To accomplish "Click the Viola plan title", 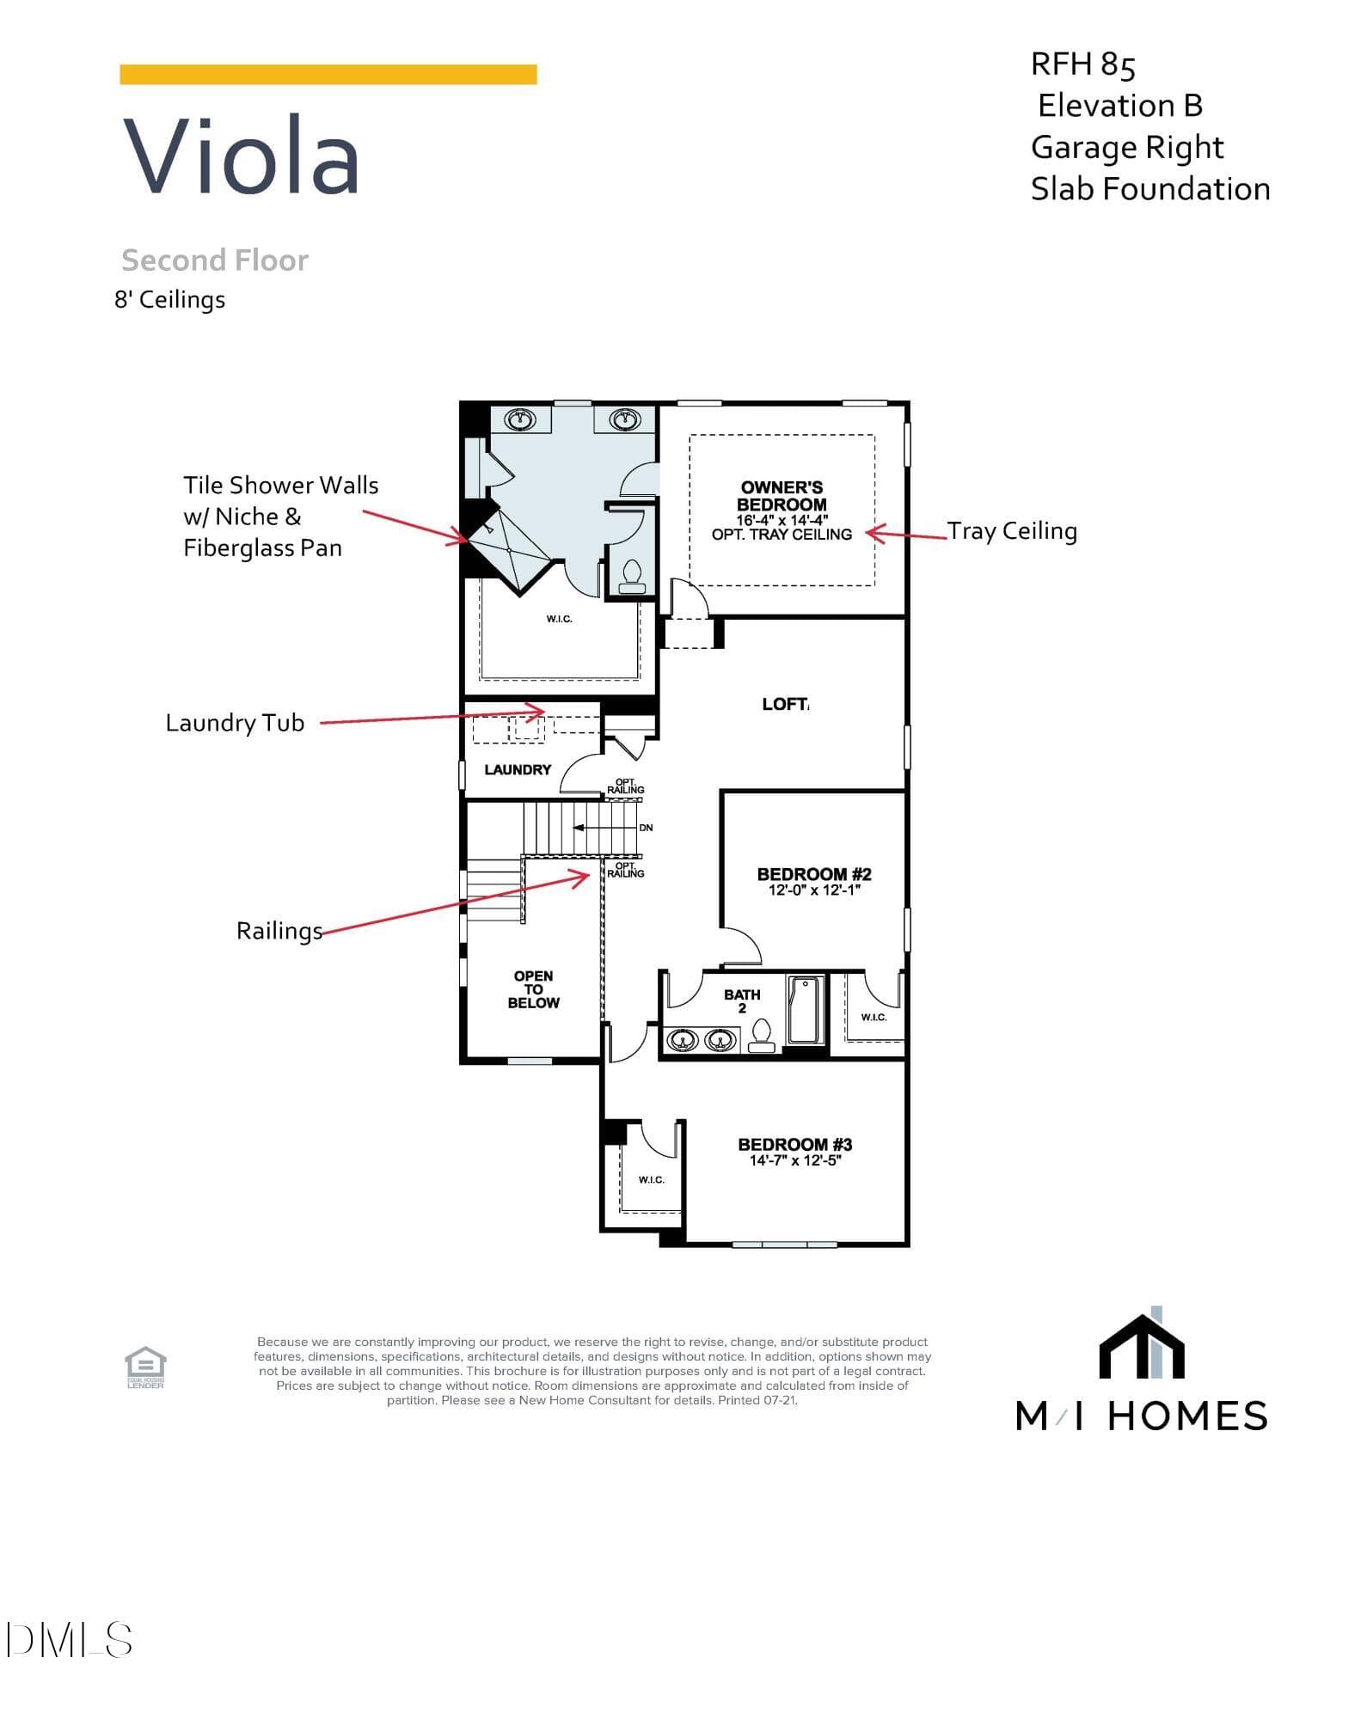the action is pos(242,155).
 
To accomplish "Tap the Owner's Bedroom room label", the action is pos(782,496).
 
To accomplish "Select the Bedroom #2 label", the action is pos(814,874).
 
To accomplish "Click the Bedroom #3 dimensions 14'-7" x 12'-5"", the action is pos(795,1160).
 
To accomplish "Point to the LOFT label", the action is pos(784,704).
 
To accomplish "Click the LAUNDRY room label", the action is pos(518,769).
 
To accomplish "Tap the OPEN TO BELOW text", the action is pos(533,989).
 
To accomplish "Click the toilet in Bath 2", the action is pos(762,1035).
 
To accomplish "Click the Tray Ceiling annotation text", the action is pos(1012,531).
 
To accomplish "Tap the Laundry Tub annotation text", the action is pos(235,723).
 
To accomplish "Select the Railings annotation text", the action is pos(279,931).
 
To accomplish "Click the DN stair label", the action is pos(646,828).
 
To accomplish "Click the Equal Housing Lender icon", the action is pos(145,1367).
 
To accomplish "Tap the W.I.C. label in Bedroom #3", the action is pos(651,1180).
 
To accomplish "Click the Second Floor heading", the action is pos(215,260).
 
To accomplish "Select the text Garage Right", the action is pos(1127,148).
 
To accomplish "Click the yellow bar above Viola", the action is pos(328,75).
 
